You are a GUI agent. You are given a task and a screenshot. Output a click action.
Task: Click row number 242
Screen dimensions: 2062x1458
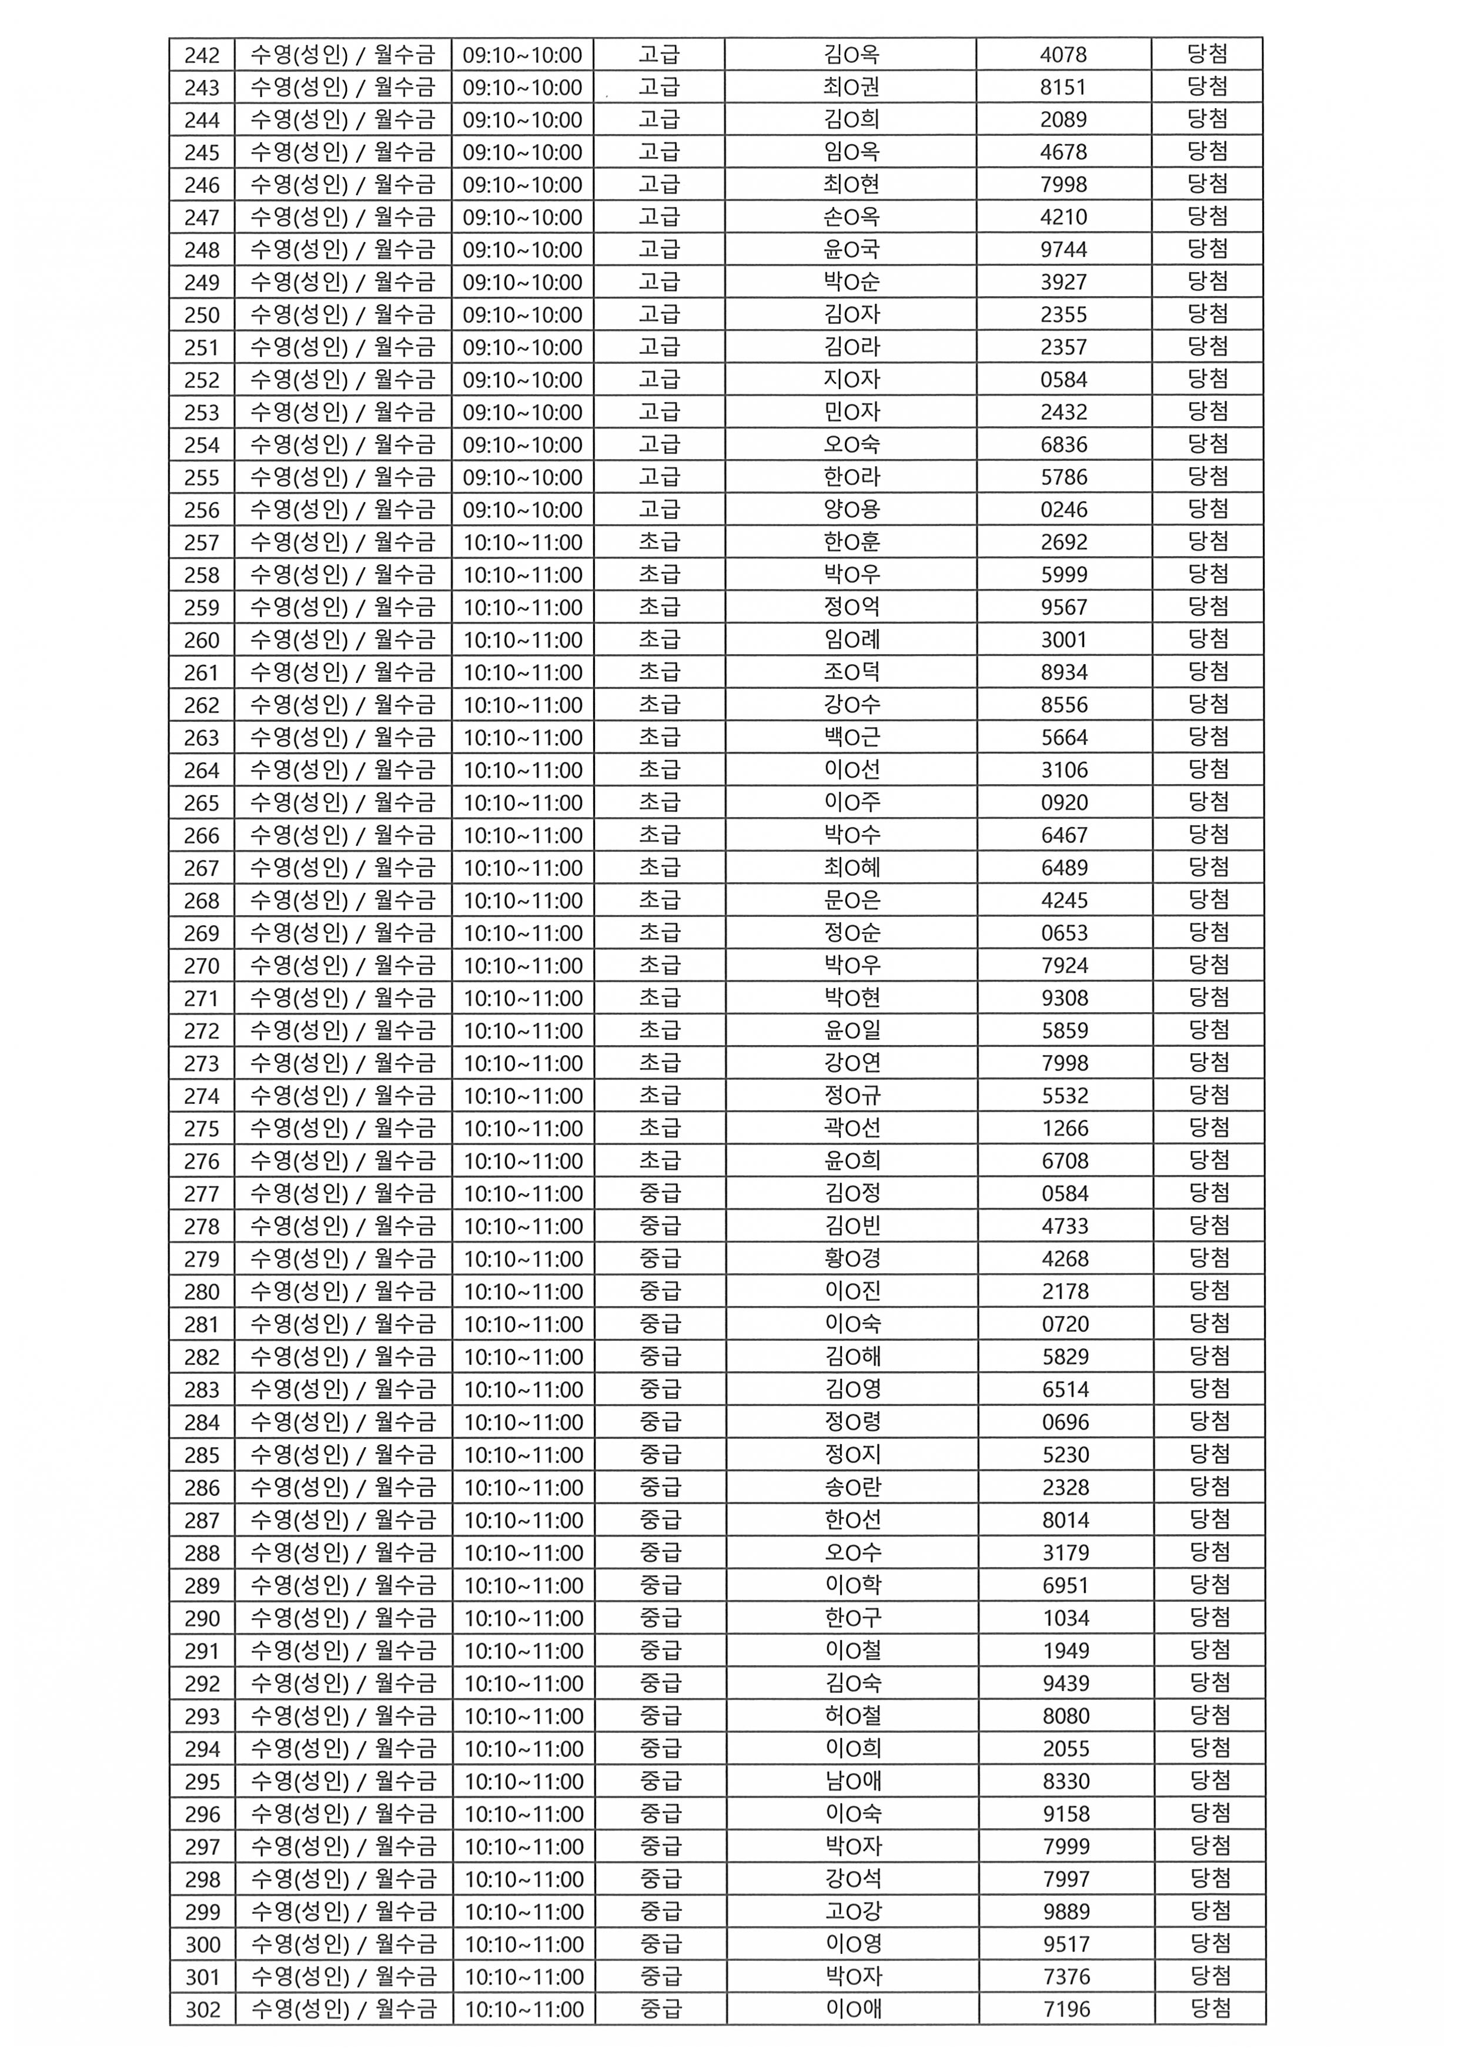[202, 55]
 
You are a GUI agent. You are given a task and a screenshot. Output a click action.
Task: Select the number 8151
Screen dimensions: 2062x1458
[1064, 87]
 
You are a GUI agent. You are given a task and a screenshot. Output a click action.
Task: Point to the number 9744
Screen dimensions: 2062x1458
[1064, 250]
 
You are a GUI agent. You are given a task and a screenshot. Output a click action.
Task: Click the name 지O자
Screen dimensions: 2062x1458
[851, 380]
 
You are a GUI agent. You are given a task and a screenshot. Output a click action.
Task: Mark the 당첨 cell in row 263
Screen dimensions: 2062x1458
[1208, 737]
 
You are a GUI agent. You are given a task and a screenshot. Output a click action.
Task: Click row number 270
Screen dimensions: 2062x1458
[202, 965]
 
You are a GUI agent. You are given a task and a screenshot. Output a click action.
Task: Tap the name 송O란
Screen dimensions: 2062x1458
[852, 1487]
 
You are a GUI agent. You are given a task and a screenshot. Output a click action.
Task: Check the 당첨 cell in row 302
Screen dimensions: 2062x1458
[1210, 2008]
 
